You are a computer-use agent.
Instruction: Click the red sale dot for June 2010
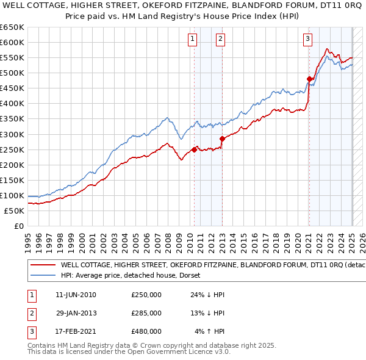pos(194,149)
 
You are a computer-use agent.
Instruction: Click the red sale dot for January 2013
pos(222,139)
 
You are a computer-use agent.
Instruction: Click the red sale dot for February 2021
pos(309,79)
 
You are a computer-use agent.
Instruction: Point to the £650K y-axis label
pos(12,27)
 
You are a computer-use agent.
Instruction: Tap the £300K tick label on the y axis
pos(12,134)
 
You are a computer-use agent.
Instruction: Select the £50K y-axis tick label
pos(15,211)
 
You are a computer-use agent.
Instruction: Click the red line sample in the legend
pos(43,265)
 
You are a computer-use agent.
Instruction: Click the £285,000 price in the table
pos(146,313)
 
